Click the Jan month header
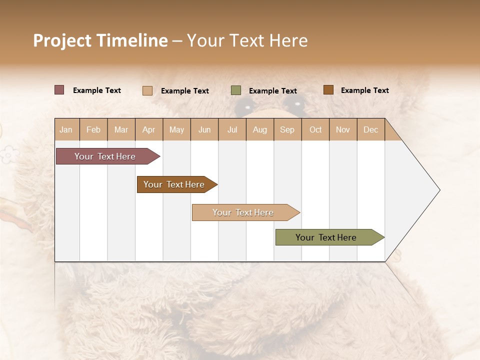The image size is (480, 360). pyautogui.click(x=66, y=130)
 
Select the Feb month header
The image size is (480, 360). pyautogui.click(x=93, y=130)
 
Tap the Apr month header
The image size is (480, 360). pyautogui.click(x=149, y=130)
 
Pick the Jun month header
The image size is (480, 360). pyautogui.click(x=204, y=130)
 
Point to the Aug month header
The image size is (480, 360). pyautogui.click(x=260, y=130)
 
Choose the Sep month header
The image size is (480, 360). pyautogui.click(x=287, y=130)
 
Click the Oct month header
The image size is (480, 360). pyautogui.click(x=315, y=130)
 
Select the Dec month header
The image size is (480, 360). pyautogui.click(x=371, y=130)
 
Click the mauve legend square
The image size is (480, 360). pyautogui.click(x=59, y=90)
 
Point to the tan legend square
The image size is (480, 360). pyautogui.click(x=147, y=90)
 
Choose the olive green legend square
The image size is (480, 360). pyautogui.click(x=236, y=90)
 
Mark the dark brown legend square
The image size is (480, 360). pyautogui.click(x=328, y=90)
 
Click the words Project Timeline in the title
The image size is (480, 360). pyautogui.click(x=100, y=40)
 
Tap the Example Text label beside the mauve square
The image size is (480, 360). pyautogui.click(x=97, y=90)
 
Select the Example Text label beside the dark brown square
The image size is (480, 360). pyautogui.click(x=365, y=90)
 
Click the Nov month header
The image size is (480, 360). pyautogui.click(x=343, y=130)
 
